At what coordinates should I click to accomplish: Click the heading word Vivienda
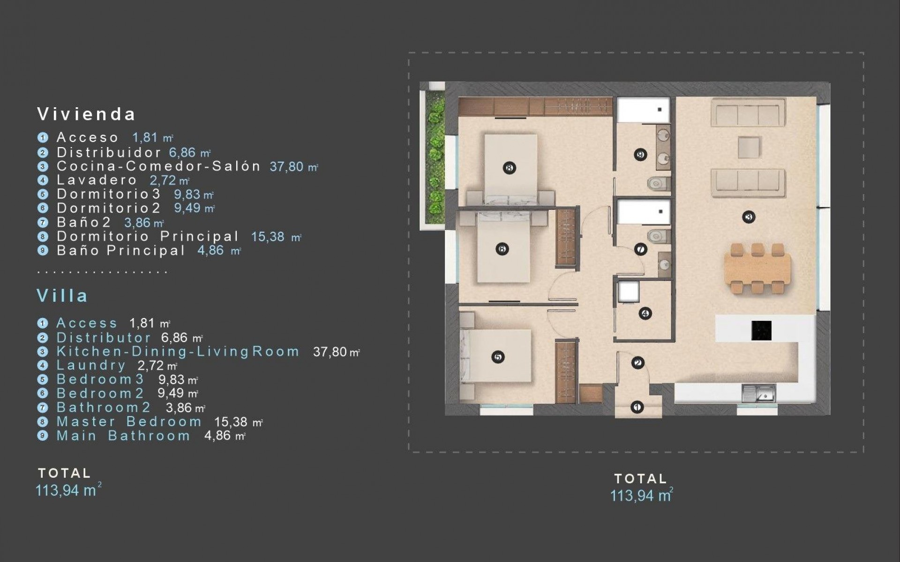point(87,114)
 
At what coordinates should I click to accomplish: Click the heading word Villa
point(62,296)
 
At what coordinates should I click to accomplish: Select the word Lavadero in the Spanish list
point(97,180)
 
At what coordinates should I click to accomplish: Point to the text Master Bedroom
point(129,421)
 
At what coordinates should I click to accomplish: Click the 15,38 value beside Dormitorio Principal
point(268,237)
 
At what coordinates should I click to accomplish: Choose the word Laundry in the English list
point(91,365)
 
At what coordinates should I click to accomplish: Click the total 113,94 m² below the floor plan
point(641,495)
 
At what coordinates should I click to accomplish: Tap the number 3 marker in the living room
point(749,217)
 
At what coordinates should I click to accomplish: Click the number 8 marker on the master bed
point(509,168)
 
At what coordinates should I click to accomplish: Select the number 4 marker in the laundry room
point(645,313)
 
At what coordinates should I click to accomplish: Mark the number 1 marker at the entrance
point(637,407)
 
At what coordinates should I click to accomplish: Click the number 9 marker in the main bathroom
point(640,155)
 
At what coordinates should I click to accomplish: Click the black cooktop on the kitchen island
point(761,330)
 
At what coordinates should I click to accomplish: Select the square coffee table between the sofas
point(749,147)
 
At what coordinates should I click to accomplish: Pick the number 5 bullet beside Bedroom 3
point(43,379)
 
